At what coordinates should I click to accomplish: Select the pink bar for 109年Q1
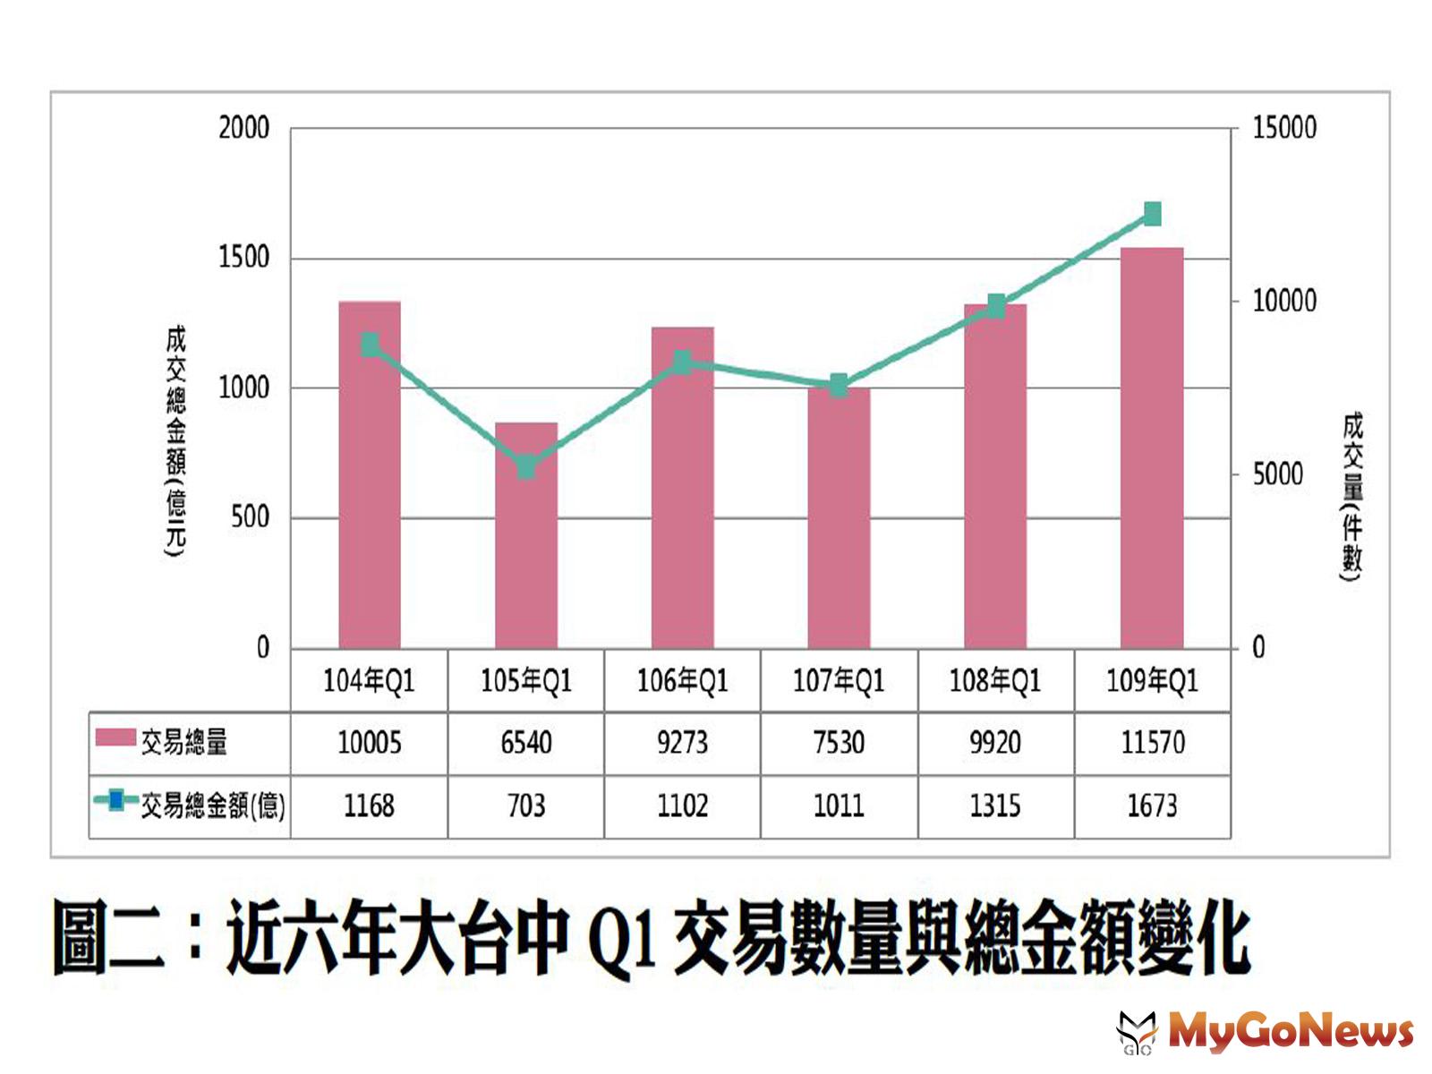point(1152,447)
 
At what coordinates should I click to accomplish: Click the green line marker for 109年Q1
point(1152,214)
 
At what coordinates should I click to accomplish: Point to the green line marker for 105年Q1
point(526,466)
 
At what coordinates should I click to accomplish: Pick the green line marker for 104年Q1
point(370,345)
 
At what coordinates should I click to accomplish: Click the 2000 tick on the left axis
point(243,128)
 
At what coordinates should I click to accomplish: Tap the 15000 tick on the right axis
point(1284,128)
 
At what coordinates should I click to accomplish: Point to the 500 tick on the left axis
point(250,517)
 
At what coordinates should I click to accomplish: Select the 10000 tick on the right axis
point(1284,301)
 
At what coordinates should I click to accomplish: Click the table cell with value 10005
point(369,743)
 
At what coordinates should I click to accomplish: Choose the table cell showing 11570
point(1153,743)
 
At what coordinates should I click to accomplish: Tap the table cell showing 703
point(526,806)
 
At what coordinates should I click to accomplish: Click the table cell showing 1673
point(1153,806)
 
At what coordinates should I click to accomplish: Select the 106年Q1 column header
point(682,682)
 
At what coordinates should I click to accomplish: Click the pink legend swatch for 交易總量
point(115,737)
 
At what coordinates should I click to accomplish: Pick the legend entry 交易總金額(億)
point(212,806)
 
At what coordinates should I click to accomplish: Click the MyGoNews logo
point(1266,1031)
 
